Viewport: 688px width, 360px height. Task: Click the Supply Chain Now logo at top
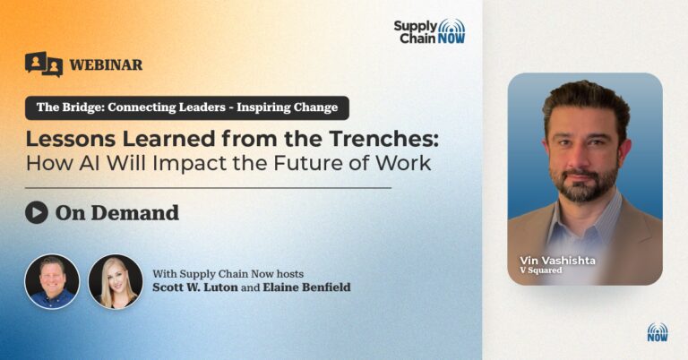tap(429, 31)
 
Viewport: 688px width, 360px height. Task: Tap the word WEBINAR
tap(106, 64)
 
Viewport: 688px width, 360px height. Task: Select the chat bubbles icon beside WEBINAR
tap(44, 64)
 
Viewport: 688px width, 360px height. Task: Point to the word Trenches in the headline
tap(383, 139)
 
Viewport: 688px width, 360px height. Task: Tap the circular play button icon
tap(37, 212)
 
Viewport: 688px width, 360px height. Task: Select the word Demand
tap(135, 213)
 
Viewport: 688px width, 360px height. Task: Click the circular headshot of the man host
tap(52, 281)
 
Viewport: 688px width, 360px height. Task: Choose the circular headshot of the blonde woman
tap(116, 281)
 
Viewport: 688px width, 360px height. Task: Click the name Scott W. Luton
tap(195, 287)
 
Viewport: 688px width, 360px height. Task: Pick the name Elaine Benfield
tap(306, 287)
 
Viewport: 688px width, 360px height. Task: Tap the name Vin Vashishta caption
tap(558, 261)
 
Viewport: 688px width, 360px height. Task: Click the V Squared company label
tap(541, 270)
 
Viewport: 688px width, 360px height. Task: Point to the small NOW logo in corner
tap(658, 332)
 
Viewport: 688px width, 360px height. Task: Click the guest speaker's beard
tap(585, 184)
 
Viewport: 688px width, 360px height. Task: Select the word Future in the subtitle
tap(308, 163)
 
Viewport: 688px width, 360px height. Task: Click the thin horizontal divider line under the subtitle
tap(208, 188)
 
